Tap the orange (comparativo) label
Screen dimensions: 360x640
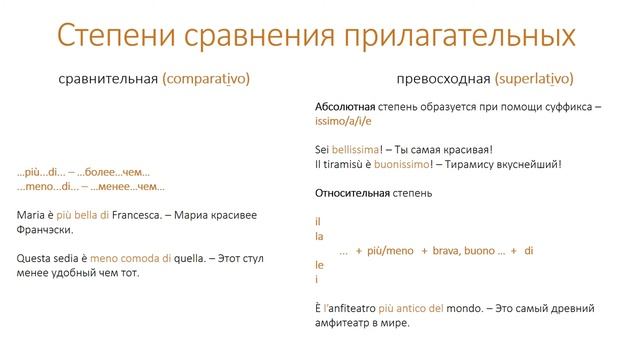(206, 78)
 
